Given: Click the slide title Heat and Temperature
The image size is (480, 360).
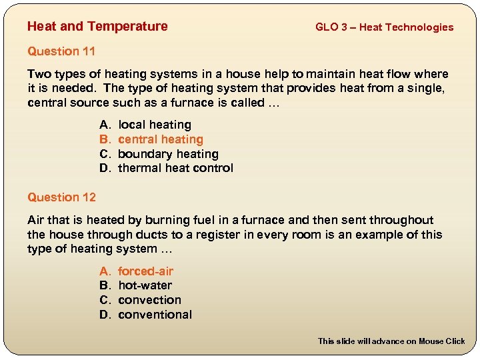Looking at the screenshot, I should [x=97, y=27].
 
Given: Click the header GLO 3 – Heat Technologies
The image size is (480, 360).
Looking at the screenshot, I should [x=384, y=27].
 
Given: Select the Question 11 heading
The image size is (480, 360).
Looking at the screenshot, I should [x=61, y=51].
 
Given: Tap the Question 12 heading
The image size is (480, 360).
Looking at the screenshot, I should [x=61, y=197].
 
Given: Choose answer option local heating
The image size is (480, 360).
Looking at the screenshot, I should [x=155, y=125].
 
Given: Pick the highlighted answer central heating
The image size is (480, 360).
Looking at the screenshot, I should [x=161, y=139].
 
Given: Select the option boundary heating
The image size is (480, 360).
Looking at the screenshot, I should [x=168, y=154].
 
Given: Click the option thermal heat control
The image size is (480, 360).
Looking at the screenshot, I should [x=175, y=168].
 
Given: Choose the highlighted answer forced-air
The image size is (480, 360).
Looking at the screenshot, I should [x=145, y=271].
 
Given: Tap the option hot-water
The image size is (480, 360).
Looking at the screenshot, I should [x=145, y=285].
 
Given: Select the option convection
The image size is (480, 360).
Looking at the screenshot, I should [x=149, y=300].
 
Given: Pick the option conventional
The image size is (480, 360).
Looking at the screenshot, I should [x=155, y=315].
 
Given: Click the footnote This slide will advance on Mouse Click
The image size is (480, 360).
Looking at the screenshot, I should [x=391, y=341].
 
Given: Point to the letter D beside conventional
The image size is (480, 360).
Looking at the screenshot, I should [x=105, y=315].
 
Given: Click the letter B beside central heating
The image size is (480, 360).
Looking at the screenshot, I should [x=104, y=139].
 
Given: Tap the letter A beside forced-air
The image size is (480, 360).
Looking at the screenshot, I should [x=104, y=271].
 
